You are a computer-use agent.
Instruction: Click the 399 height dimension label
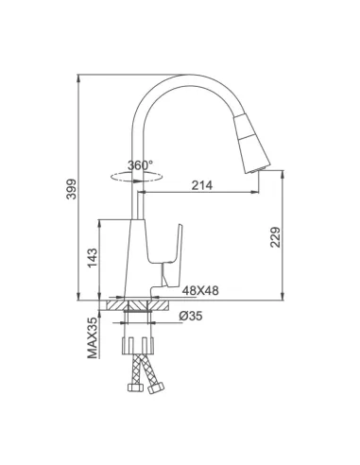(72, 189)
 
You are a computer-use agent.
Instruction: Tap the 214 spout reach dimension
(202, 185)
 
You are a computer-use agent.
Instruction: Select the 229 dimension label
(275, 237)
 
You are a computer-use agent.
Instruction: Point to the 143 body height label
(93, 258)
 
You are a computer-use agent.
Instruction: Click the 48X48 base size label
(200, 290)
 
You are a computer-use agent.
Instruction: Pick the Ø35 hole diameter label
(191, 316)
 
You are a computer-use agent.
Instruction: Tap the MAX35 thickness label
(93, 337)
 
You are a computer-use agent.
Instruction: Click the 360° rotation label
(140, 165)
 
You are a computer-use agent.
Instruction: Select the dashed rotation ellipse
(137, 177)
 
